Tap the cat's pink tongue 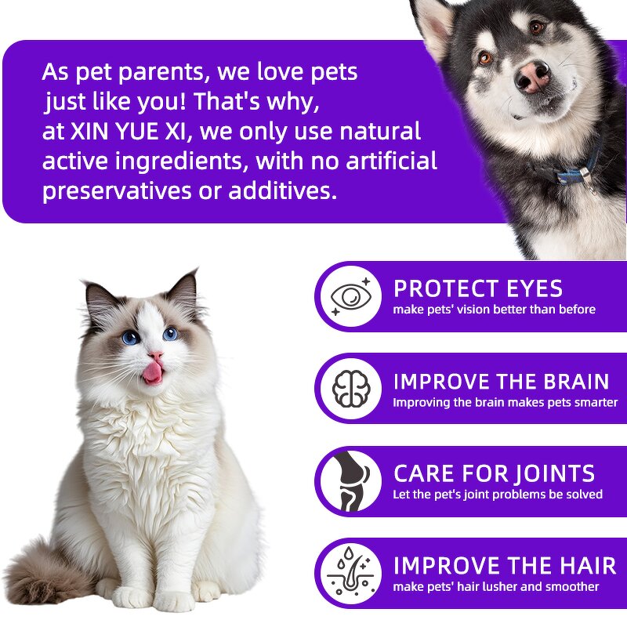(152, 372)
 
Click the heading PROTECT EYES (478, 288)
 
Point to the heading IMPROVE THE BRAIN (501, 382)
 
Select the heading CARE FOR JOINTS (494, 473)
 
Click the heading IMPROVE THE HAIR (501, 565)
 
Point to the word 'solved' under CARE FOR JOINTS (583, 495)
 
